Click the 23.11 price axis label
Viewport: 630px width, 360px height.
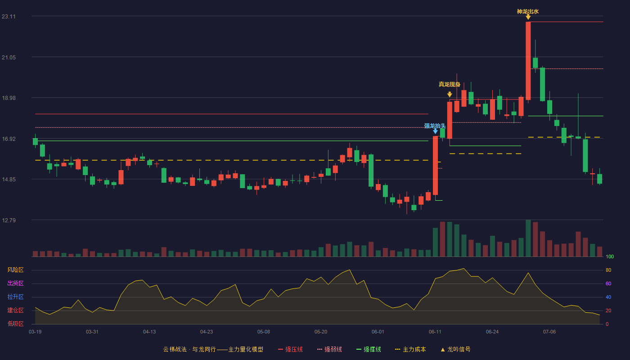pyautogui.click(x=9, y=16)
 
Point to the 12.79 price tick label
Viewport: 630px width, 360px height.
pyautogui.click(x=9, y=220)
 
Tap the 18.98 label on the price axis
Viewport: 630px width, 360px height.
pyautogui.click(x=9, y=98)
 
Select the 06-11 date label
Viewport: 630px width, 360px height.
pyautogui.click(x=435, y=332)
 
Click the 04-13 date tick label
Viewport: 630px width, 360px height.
pyautogui.click(x=149, y=332)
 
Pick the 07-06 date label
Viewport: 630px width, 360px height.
pyautogui.click(x=549, y=332)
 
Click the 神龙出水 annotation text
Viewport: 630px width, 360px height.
pyautogui.click(x=527, y=12)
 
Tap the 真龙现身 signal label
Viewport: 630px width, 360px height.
pyautogui.click(x=450, y=85)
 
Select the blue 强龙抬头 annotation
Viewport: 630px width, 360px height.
pyautogui.click(x=435, y=126)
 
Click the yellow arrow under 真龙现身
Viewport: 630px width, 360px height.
pyautogui.click(x=450, y=94)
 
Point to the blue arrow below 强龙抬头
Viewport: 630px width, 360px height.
pyautogui.click(x=435, y=131)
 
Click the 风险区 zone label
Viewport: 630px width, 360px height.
pyautogui.click(x=15, y=270)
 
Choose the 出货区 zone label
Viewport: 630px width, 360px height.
pyautogui.click(x=15, y=283)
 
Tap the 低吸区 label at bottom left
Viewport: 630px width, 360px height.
pyautogui.click(x=15, y=324)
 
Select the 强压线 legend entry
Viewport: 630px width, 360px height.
pyautogui.click(x=290, y=349)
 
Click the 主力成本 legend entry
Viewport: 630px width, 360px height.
pyautogui.click(x=410, y=349)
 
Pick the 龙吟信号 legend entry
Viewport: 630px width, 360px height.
pyautogui.click(x=455, y=349)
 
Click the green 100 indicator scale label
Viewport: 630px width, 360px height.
pyautogui.click(x=610, y=256)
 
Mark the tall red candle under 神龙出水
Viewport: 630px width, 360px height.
pyautogui.click(x=528, y=61)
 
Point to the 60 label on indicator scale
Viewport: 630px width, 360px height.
pyautogui.click(x=608, y=283)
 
